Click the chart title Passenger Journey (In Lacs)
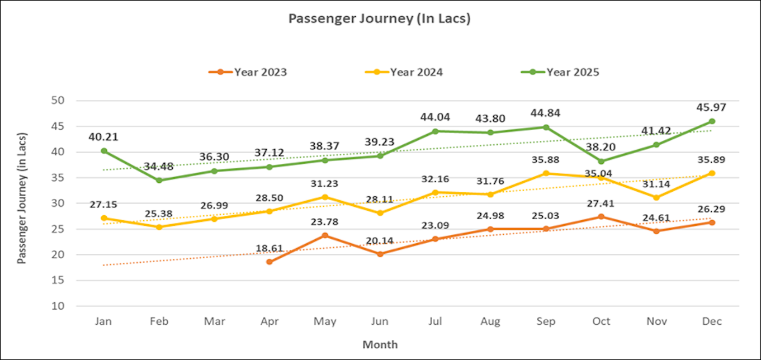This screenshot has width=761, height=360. [379, 18]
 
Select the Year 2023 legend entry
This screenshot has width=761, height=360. [248, 72]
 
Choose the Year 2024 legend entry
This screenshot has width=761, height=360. [405, 72]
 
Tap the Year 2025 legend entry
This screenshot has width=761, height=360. [561, 72]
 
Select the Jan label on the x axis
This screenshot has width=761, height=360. [104, 321]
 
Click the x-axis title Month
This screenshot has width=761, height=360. [380, 344]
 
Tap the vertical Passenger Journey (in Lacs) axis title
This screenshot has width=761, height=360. [22, 198]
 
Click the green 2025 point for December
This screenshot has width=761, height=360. [712, 121]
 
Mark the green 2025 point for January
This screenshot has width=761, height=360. [104, 151]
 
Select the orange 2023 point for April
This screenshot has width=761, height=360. [270, 262]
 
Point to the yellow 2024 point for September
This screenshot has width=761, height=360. [546, 173]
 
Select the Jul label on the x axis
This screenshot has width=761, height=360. [436, 321]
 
